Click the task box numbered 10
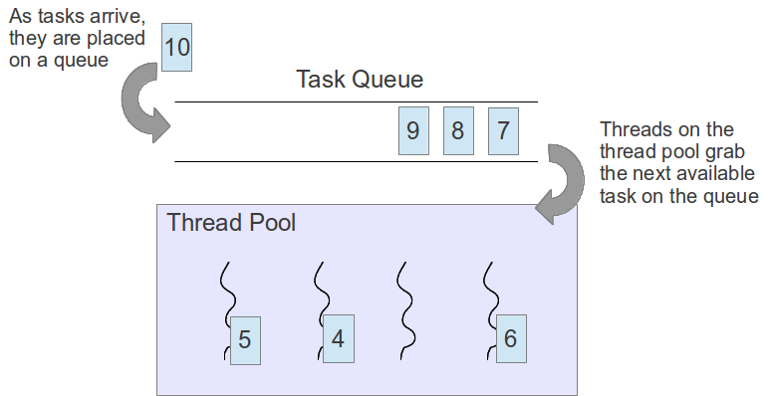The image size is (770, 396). click(x=176, y=47)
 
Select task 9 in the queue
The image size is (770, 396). click(x=412, y=130)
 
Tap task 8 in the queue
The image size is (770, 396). click(x=457, y=130)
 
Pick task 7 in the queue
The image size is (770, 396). click(x=503, y=130)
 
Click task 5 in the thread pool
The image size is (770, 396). click(x=244, y=338)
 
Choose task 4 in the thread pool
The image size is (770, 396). click(x=338, y=338)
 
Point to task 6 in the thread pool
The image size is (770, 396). click(x=510, y=338)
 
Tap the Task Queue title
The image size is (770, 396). click(x=360, y=80)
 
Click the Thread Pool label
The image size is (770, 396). click(x=231, y=222)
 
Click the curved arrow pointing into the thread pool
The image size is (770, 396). click(x=563, y=184)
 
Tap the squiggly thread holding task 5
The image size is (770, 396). click(x=226, y=289)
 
